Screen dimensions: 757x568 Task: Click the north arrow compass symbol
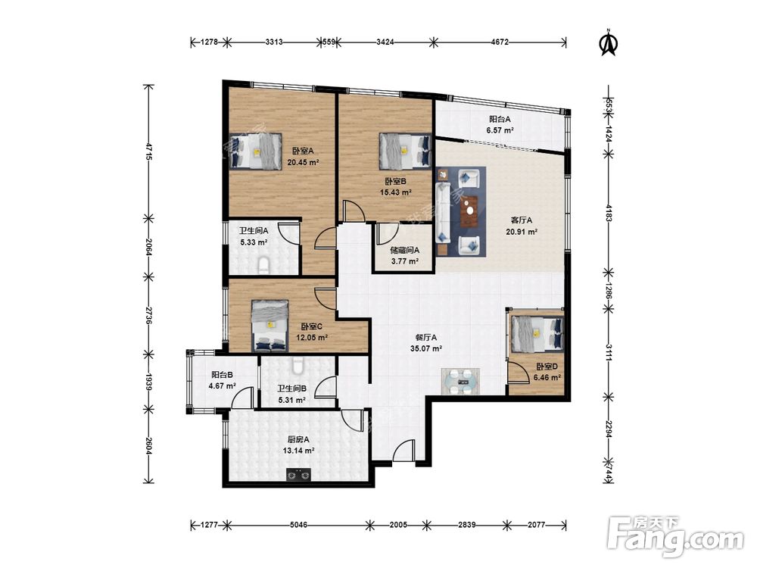(x=609, y=42)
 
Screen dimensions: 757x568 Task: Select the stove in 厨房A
(x=298, y=475)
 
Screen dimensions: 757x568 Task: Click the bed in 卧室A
(x=255, y=151)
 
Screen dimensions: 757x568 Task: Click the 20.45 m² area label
(x=303, y=162)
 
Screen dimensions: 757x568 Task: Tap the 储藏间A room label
(x=404, y=250)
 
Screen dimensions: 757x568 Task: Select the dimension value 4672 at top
(x=500, y=42)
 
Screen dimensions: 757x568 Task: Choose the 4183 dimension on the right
(x=609, y=213)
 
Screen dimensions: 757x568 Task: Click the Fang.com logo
(x=675, y=537)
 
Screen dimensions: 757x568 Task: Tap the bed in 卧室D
(x=537, y=333)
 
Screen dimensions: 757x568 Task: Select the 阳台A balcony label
(x=500, y=119)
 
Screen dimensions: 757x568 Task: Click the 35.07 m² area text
(x=426, y=348)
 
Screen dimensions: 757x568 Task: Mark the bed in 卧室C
(x=270, y=326)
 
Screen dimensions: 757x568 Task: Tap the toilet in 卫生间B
(x=298, y=365)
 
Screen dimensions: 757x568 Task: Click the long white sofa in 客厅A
(x=443, y=212)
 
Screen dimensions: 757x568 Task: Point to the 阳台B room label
(x=222, y=374)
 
